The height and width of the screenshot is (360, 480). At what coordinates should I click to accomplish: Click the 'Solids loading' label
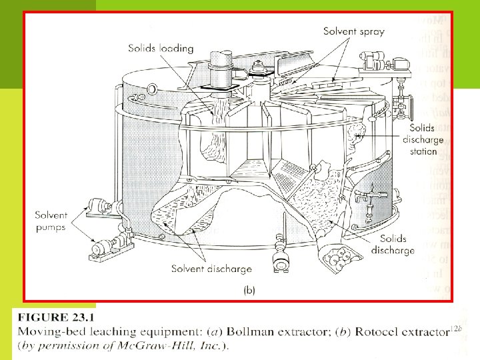[161, 48]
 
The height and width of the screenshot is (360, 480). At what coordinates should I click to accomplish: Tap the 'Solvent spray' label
[354, 31]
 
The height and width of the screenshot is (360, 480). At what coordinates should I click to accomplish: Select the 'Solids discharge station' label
[420, 139]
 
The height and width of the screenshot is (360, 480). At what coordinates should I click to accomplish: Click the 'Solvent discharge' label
[211, 269]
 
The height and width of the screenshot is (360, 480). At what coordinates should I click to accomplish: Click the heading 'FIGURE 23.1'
[58, 317]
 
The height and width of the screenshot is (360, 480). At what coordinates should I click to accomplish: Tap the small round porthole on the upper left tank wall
[153, 89]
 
